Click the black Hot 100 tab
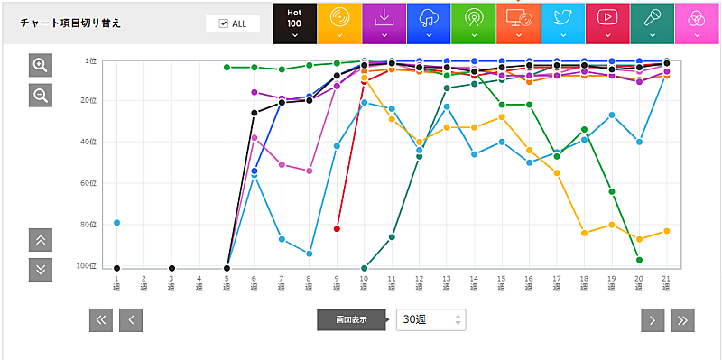click(294, 23)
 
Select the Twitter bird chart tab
click(562, 23)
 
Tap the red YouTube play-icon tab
click(607, 23)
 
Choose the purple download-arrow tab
click(384, 23)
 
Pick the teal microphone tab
click(652, 23)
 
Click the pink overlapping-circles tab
click(697, 23)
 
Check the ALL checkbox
click(224, 23)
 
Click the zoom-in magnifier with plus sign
click(41, 65)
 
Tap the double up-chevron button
click(41, 240)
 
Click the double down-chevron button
click(41, 269)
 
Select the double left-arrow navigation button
click(101, 319)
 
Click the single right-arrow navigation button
click(653, 319)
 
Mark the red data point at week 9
click(337, 229)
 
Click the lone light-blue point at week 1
click(116, 222)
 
